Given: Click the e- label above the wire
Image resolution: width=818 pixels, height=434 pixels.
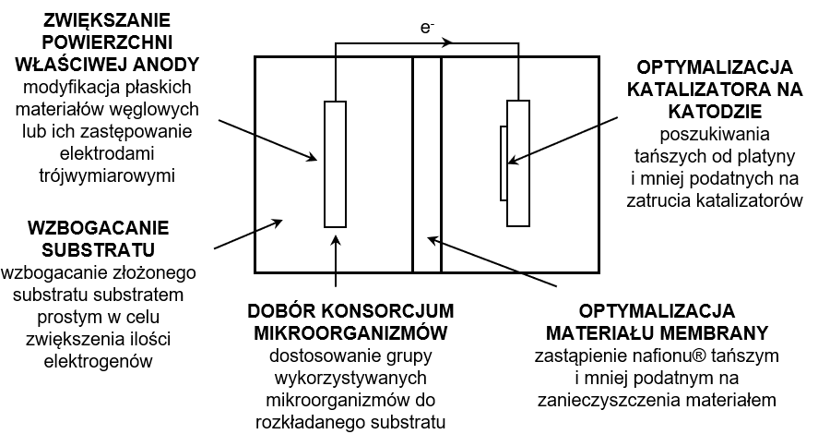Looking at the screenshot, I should pos(426,28).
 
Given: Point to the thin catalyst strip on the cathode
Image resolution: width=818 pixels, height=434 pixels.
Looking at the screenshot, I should pos(503,163).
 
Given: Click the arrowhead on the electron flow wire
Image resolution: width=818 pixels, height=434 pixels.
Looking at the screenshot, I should pos(447,42).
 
